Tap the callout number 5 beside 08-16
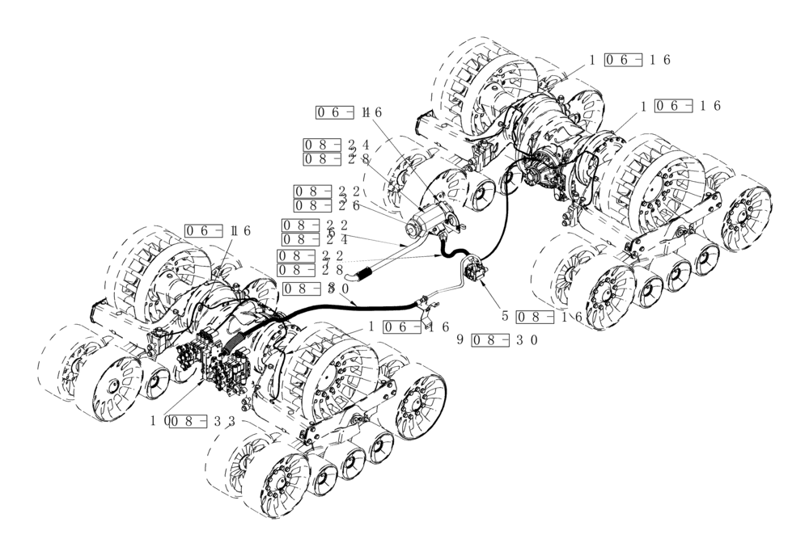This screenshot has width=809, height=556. [x=506, y=317]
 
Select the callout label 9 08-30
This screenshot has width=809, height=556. [x=498, y=339]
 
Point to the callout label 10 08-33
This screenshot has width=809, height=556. [x=193, y=421]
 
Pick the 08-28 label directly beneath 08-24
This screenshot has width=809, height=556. [x=336, y=159]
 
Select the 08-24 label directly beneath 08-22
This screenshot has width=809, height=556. [x=315, y=239]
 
